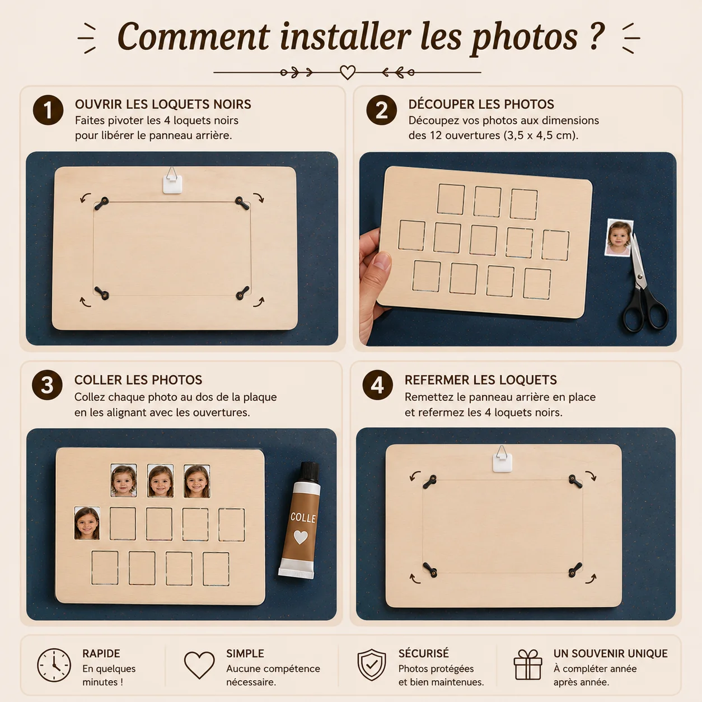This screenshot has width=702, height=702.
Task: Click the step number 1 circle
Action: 48,110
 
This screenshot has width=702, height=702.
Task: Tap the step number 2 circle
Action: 381,110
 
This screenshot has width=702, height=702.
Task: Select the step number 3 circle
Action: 47,385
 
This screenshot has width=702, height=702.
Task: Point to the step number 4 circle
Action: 377,385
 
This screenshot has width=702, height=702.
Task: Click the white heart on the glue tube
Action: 301,537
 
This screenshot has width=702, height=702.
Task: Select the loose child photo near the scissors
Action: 619,237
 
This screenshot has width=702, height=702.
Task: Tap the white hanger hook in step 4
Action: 502,460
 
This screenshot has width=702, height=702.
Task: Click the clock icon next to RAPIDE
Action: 54,665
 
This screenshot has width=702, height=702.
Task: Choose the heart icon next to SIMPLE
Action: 199,665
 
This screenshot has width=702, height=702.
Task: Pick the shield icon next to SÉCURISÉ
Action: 372,665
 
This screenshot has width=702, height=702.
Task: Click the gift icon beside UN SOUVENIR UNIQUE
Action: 527,665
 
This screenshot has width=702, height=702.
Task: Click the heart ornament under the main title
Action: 348,72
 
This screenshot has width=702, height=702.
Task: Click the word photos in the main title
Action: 525,38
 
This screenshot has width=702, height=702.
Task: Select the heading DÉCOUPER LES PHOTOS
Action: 481,104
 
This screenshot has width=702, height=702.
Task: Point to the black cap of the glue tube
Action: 310,472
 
